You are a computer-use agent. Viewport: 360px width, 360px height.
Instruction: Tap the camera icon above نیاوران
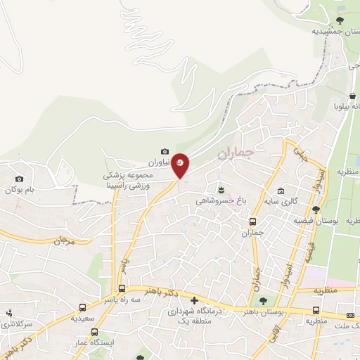165,151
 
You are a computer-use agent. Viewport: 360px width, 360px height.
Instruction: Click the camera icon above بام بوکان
19,179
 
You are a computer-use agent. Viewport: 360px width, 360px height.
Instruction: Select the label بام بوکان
20,190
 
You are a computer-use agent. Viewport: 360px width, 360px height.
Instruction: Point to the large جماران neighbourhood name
234,154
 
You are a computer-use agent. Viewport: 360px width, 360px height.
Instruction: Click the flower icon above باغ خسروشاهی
223,188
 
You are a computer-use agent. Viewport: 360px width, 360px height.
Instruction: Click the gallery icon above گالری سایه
281,191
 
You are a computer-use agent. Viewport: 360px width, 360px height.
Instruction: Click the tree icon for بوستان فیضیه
316,209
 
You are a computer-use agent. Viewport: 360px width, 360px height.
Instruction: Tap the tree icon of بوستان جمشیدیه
340,20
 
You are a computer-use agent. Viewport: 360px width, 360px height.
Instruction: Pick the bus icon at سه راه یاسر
122,288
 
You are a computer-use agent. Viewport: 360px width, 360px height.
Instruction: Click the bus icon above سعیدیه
83,307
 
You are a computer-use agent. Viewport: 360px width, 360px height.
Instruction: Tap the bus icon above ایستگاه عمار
94,332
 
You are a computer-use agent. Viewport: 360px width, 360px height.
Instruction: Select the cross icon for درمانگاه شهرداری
195,300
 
